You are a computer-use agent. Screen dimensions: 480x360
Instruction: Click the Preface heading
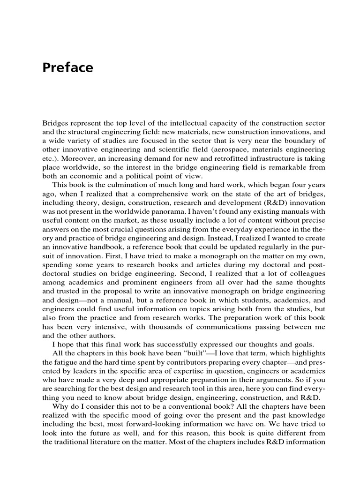click(x=67, y=68)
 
